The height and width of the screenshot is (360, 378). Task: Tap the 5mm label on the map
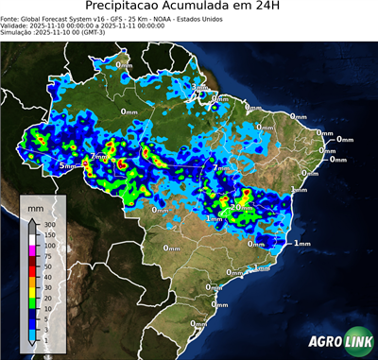point(66,165)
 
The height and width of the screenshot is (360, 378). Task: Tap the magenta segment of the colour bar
point(31,249)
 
